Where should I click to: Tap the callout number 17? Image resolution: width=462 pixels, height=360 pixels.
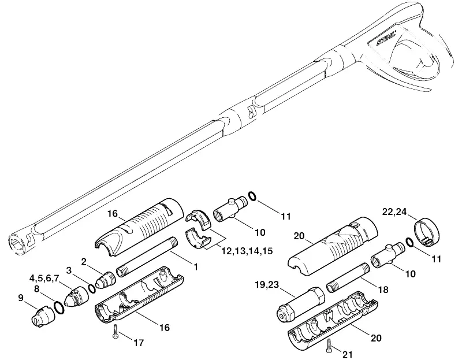pos(139,343)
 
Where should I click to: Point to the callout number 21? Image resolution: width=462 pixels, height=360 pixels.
pos(348,354)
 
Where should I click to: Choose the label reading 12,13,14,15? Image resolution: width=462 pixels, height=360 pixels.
pos(247,251)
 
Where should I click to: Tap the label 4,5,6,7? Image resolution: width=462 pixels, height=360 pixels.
pos(44,278)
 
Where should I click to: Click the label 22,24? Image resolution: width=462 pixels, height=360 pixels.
pos(394,211)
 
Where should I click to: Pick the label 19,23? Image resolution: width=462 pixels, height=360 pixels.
pos(267,285)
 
